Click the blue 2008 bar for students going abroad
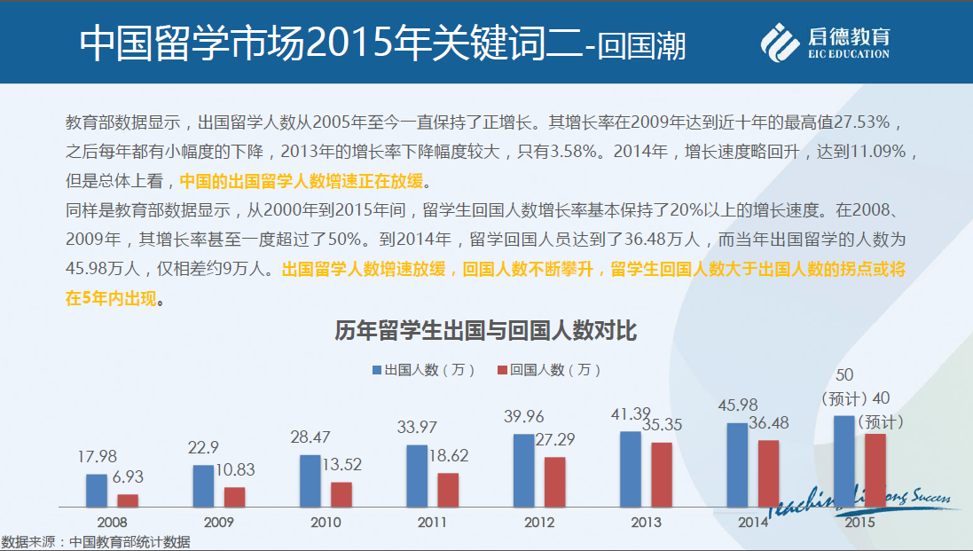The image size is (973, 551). point(97,490)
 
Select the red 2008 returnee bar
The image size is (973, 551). point(129,500)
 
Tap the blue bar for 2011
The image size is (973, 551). point(417,475)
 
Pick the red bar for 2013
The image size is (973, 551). point(662,474)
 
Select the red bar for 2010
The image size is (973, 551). point(341,494)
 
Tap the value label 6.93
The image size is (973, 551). point(128,477)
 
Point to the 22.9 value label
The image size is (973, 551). point(203,447)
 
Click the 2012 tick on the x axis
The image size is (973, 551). point(539,523)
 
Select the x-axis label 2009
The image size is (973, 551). point(219,523)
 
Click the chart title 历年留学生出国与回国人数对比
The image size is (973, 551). point(486,333)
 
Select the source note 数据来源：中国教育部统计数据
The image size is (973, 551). point(96,542)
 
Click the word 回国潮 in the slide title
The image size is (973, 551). point(642,45)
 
